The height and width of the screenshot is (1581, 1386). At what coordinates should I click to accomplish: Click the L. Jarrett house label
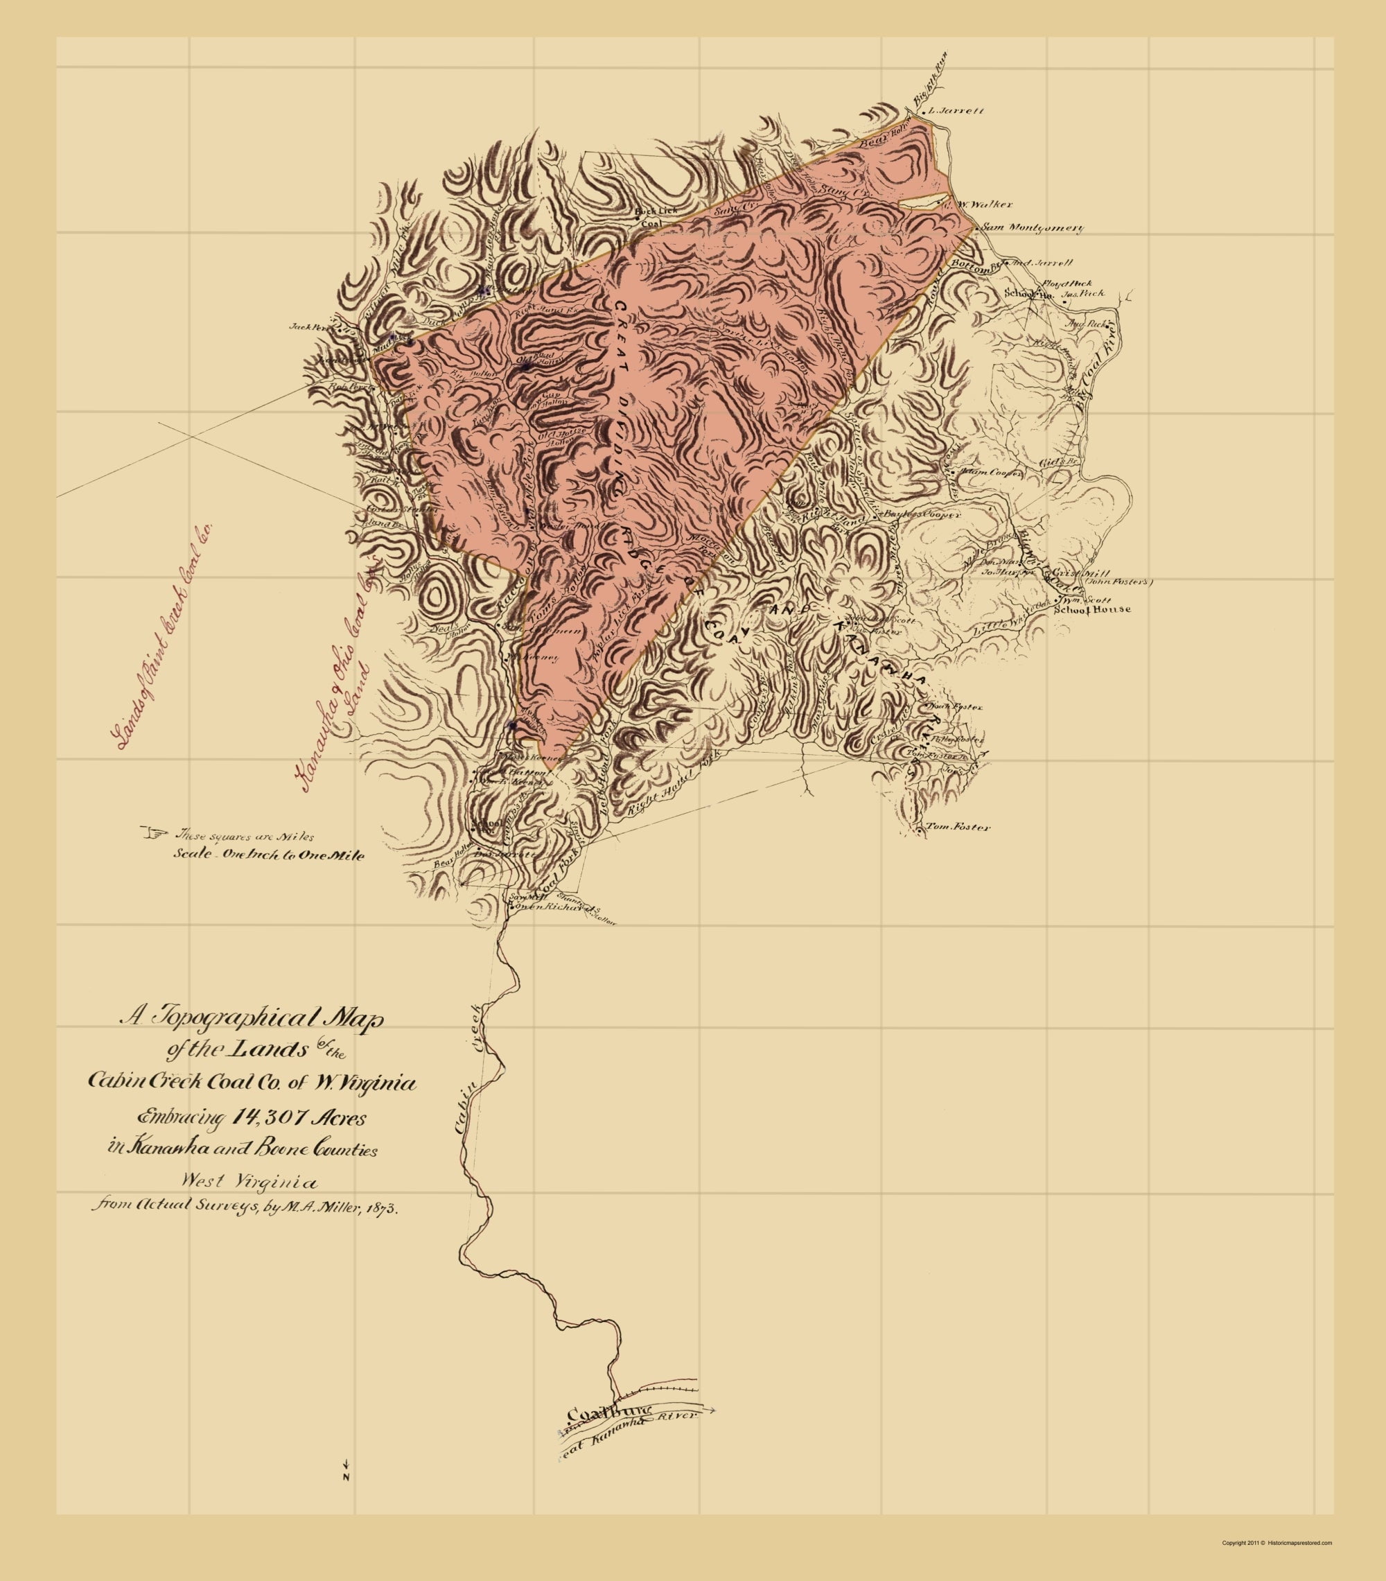pyautogui.click(x=958, y=111)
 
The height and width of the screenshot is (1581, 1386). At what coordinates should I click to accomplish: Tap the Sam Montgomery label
pyautogui.click(x=1032, y=228)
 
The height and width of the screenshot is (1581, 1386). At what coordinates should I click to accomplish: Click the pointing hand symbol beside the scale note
pyautogui.click(x=155, y=833)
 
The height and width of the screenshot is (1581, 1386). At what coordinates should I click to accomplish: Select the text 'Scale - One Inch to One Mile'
pyautogui.click(x=268, y=855)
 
